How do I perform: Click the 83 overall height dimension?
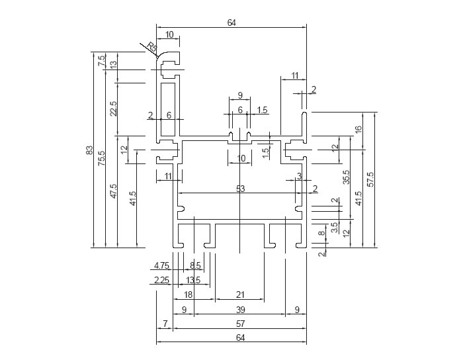coord(89,150)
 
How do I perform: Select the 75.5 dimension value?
coord(101,158)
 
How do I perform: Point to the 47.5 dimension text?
coord(114,191)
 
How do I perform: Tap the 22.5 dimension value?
coord(114,109)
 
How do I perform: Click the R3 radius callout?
coord(151,48)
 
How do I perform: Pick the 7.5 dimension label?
coord(101,60)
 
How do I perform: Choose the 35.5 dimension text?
coord(346,178)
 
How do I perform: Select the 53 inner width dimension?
coord(240,189)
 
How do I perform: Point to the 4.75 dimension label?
coord(162,265)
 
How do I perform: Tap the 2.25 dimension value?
coord(161,280)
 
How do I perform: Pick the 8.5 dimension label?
coord(196,265)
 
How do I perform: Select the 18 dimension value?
coord(189,295)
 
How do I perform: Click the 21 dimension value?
coord(240,295)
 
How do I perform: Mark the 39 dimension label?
coord(240,309)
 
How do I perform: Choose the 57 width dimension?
coord(240,324)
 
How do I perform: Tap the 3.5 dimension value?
coord(335,227)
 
